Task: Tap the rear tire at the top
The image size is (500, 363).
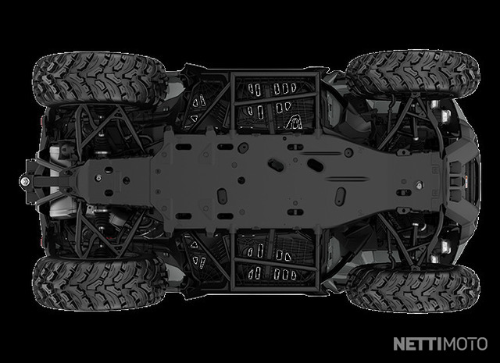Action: [99, 80]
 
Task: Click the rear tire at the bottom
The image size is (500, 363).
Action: [99, 283]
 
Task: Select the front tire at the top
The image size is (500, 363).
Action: [413, 74]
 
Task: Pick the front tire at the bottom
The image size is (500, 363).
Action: [413, 287]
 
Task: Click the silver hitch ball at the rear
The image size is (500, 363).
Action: [24, 182]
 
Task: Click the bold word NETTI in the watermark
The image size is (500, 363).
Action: [418, 344]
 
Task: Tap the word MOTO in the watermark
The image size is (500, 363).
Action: [466, 344]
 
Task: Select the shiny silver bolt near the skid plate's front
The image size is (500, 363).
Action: [420, 184]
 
